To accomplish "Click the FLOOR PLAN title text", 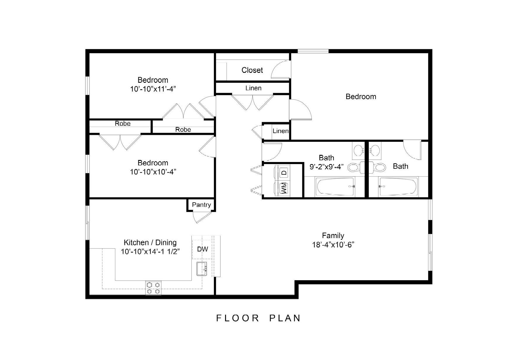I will (x=258, y=318).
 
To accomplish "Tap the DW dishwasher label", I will (x=202, y=249).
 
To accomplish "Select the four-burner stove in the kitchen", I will (x=153, y=288).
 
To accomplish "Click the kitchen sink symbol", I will (x=202, y=268).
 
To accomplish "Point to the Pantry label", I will (x=201, y=205).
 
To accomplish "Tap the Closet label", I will (x=252, y=70).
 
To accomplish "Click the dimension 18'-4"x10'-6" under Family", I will (x=333, y=245).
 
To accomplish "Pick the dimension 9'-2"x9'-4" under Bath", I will (x=326, y=167).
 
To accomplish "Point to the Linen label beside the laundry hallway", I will (x=280, y=131).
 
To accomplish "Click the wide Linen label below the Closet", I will (x=253, y=88).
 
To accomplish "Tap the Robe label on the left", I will (x=122, y=124).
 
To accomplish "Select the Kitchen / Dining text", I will (x=150, y=242).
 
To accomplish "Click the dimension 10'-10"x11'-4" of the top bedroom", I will (x=153, y=89).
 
